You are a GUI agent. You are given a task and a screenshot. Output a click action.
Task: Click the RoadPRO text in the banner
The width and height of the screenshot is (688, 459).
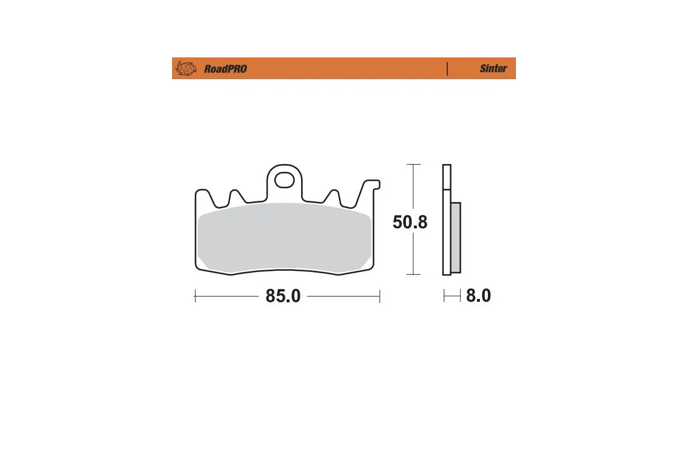(x=225, y=69)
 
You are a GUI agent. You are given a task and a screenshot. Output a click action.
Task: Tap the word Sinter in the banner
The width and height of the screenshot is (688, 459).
(x=493, y=69)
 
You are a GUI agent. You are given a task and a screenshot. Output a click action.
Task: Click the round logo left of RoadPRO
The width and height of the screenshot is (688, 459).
(x=185, y=69)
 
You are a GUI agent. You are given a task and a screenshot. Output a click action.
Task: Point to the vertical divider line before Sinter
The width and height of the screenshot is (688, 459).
(x=447, y=69)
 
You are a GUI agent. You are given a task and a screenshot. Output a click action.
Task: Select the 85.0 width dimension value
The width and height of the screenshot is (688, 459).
(x=283, y=296)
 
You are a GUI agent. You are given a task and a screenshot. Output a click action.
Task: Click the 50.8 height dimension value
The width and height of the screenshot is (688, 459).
(x=410, y=222)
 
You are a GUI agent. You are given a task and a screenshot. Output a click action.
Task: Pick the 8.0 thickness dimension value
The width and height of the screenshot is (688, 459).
(x=479, y=296)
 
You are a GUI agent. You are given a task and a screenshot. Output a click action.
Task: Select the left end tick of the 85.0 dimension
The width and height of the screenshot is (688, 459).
(x=196, y=296)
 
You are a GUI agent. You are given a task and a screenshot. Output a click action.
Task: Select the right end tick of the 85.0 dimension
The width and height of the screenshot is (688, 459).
(x=380, y=296)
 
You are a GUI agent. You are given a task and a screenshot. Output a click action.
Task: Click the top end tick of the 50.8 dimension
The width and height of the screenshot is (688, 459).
(x=413, y=165)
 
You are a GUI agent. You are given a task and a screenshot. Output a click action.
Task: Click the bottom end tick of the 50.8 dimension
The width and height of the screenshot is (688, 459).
(x=413, y=274)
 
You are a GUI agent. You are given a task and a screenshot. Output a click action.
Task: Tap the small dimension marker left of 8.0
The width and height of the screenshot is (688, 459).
(x=452, y=296)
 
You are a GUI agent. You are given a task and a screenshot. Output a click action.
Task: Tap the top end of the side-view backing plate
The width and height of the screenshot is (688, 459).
(x=447, y=166)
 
